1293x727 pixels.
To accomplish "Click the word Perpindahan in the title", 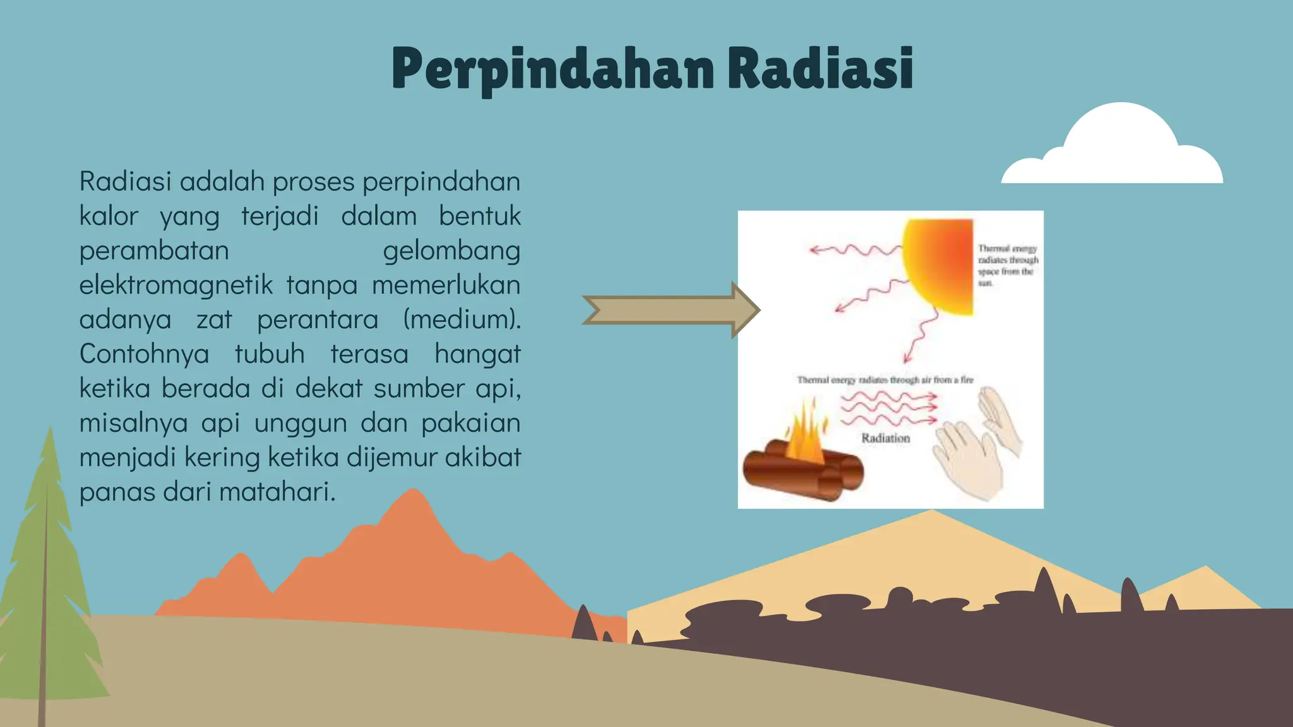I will (552, 69).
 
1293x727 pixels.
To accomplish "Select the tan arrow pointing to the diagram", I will (669, 310).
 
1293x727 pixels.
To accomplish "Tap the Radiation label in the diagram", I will (886, 438).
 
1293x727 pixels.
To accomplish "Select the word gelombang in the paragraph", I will (451, 251).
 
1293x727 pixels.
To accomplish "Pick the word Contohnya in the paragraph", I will (144, 353).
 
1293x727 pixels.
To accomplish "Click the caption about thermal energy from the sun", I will (1008, 266).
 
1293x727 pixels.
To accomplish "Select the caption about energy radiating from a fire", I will (885, 380).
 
